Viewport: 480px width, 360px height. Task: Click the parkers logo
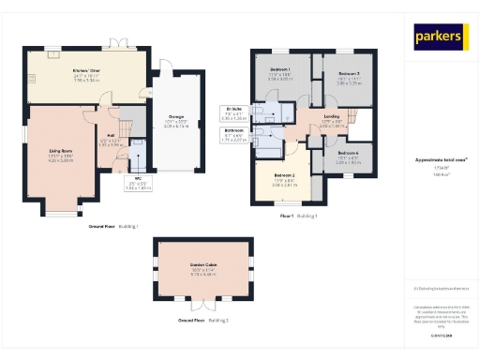tap(441, 37)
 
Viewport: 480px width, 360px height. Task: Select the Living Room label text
tap(60, 152)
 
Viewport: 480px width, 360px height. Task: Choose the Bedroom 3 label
tap(349, 76)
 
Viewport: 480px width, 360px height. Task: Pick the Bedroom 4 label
tap(348, 154)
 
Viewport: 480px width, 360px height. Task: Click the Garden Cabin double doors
tap(203, 305)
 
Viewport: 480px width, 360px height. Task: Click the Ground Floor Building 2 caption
tap(203, 321)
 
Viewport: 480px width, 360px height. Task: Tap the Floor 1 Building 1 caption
tap(299, 217)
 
